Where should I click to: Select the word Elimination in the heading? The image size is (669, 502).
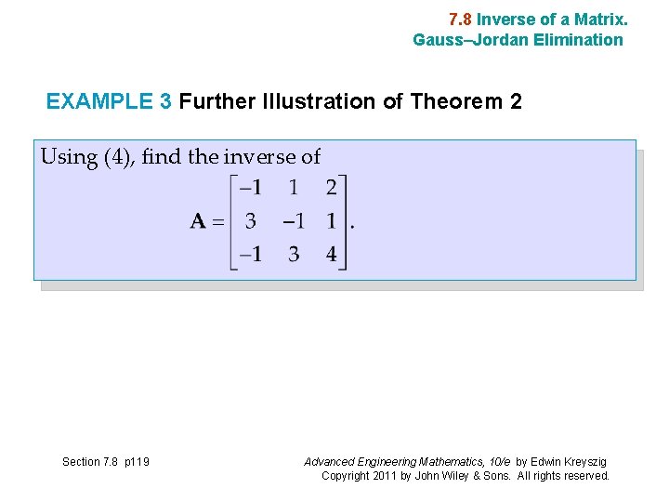(579, 40)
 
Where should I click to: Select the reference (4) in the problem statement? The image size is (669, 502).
(118, 157)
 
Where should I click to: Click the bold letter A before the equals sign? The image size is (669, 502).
(198, 221)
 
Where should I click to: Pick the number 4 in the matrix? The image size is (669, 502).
(332, 254)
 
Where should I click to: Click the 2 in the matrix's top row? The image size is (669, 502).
(332, 188)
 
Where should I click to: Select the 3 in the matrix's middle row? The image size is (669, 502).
(251, 221)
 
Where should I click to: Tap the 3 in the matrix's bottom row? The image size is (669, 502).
(294, 254)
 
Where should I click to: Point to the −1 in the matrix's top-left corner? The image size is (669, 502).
(250, 188)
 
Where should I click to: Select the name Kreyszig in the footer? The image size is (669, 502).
(583, 462)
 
